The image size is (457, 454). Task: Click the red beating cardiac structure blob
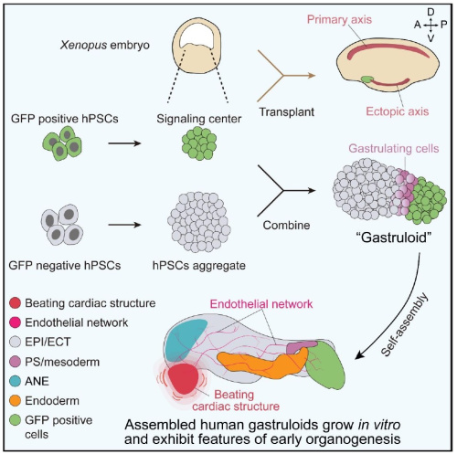click(183, 379)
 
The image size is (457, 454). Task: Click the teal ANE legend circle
click(15, 381)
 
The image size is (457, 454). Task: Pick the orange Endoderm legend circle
click(15, 400)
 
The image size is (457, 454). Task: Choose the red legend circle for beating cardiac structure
click(15, 303)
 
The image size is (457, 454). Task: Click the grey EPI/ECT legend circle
click(15, 342)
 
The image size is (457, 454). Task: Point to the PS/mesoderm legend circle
click(15, 362)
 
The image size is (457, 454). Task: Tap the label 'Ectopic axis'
click(398, 111)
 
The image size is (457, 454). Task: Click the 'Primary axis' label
click(339, 19)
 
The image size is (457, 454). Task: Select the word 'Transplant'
click(287, 112)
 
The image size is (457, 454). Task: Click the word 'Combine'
click(286, 226)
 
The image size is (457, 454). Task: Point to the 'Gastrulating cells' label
click(394, 148)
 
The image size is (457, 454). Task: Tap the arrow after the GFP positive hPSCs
click(124, 143)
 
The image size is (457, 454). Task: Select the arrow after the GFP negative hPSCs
click(124, 225)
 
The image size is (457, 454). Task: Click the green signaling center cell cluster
click(199, 143)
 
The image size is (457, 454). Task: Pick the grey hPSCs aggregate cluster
click(199, 222)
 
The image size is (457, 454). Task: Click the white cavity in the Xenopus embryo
click(197, 35)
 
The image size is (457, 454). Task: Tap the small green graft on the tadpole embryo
click(367, 79)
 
